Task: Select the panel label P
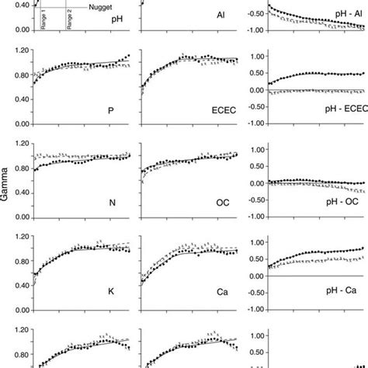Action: (x=110, y=111)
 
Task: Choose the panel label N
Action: (x=110, y=205)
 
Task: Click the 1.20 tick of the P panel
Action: (x=19, y=50)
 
